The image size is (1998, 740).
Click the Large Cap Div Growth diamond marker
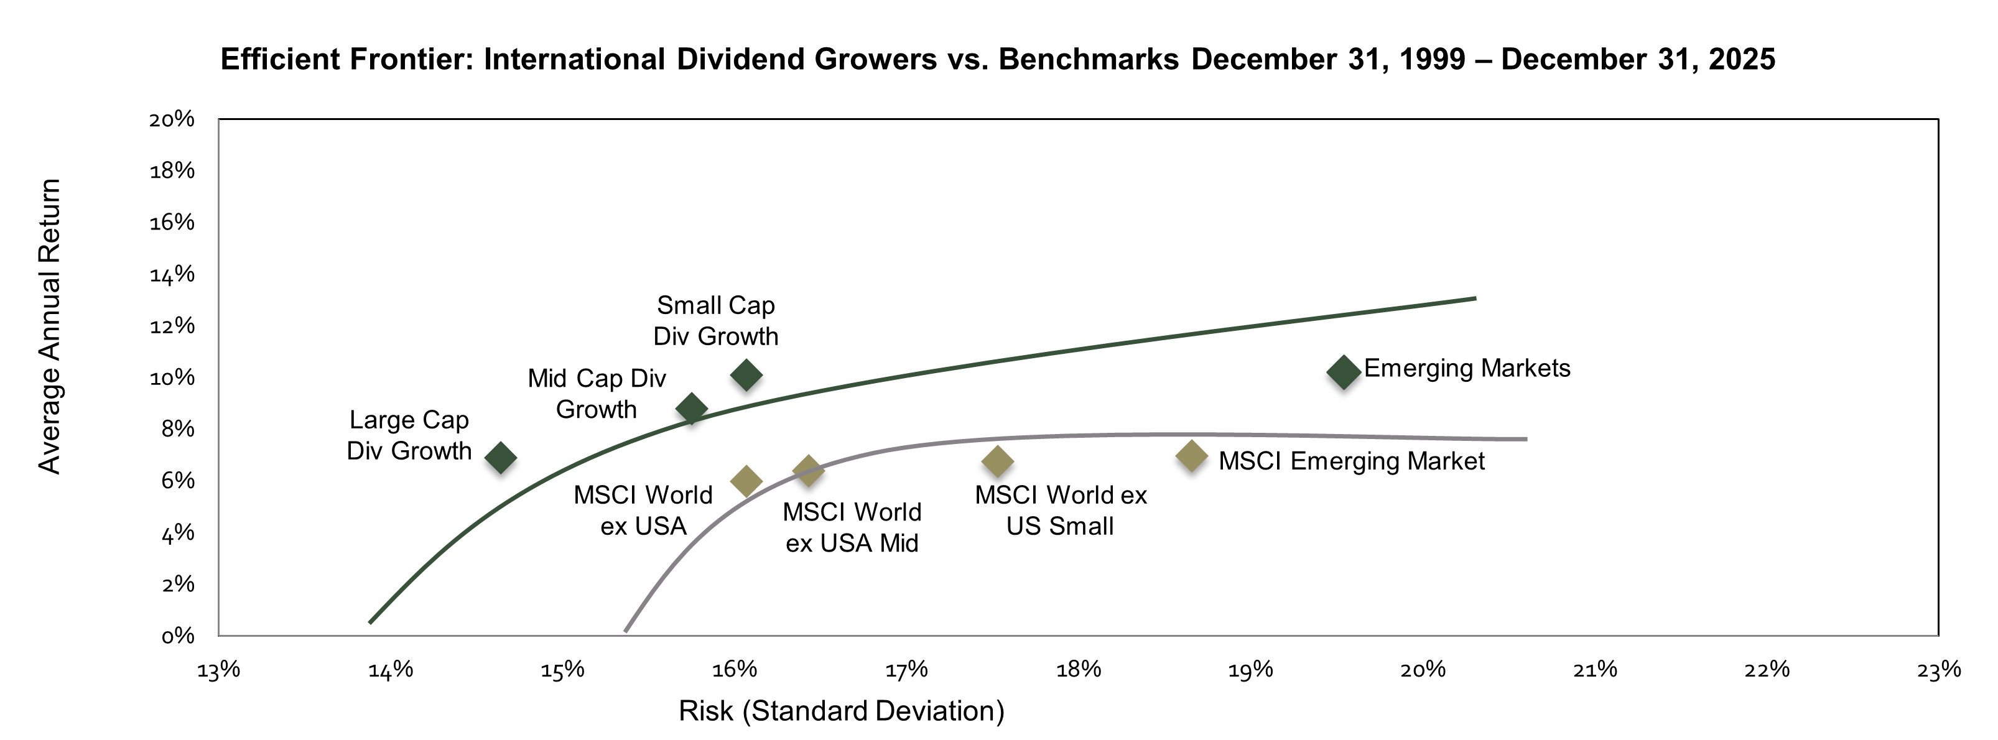coord(500,458)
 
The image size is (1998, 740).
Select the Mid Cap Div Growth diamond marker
coord(691,408)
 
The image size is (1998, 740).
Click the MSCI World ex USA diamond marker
coord(746,481)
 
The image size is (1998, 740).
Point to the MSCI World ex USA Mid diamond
coord(808,470)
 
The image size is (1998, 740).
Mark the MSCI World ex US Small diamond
coord(997,461)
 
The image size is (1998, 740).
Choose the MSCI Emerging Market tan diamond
coord(1191,456)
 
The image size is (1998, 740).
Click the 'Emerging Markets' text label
coord(1467,368)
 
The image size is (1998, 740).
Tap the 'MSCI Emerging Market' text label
coord(1351,461)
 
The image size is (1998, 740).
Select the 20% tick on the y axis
coord(172,119)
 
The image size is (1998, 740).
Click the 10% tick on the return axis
coord(172,377)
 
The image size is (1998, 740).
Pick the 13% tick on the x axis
coord(219,669)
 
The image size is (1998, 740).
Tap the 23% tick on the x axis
coord(1938,669)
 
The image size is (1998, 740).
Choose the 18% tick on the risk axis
coord(1079,669)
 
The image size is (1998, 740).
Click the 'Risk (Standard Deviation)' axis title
coord(841,711)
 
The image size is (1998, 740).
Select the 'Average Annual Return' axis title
coord(50,326)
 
